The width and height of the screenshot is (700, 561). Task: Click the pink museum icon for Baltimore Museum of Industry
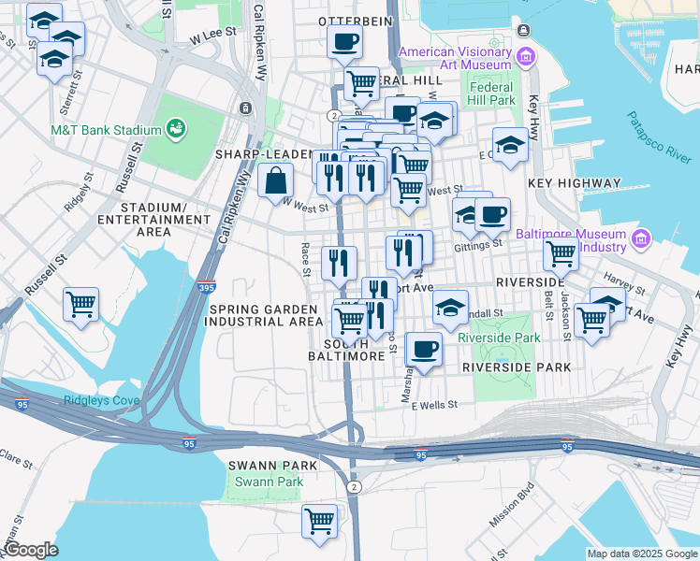coord(641,240)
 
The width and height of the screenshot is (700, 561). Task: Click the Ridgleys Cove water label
coord(102,401)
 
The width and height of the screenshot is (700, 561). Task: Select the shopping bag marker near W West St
coord(277,181)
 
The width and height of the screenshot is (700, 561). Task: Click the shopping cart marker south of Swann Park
coord(320,521)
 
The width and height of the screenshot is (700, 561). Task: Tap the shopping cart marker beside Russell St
coord(81,304)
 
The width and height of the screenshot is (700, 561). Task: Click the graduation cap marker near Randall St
coord(450,308)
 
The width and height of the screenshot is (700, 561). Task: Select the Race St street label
coord(305,260)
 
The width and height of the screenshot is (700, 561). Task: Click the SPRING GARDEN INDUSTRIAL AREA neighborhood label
coord(266,315)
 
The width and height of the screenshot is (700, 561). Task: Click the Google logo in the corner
coord(31,551)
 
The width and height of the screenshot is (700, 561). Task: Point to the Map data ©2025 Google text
coord(641,554)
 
